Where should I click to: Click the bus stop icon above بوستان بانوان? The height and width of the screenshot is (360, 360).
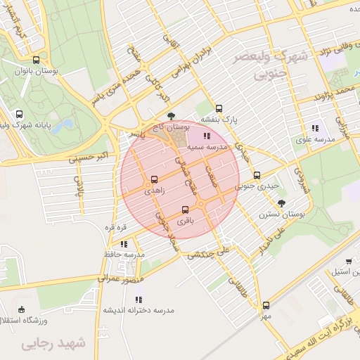(x=36, y=59)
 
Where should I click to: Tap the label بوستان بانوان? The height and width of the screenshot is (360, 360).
(x=37, y=72)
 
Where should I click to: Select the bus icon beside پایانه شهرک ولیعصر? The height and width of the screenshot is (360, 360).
(x=18, y=114)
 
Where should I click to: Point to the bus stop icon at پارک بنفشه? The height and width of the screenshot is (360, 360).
(x=219, y=108)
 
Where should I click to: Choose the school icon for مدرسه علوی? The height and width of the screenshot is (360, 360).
(x=314, y=128)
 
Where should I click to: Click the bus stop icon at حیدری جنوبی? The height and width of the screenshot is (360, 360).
(x=257, y=175)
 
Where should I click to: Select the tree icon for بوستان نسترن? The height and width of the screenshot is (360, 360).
(x=282, y=202)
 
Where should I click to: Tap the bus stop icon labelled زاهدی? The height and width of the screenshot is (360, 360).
(x=155, y=179)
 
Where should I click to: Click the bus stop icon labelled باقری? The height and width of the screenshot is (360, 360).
(x=185, y=210)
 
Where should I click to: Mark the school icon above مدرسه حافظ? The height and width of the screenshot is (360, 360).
(x=124, y=243)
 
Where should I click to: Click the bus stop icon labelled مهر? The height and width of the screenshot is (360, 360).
(x=266, y=305)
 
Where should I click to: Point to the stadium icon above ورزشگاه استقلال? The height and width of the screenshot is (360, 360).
(x=22, y=309)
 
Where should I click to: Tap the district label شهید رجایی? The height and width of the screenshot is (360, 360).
(x=53, y=344)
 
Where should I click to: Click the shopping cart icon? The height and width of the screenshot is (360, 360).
(x=349, y=261)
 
